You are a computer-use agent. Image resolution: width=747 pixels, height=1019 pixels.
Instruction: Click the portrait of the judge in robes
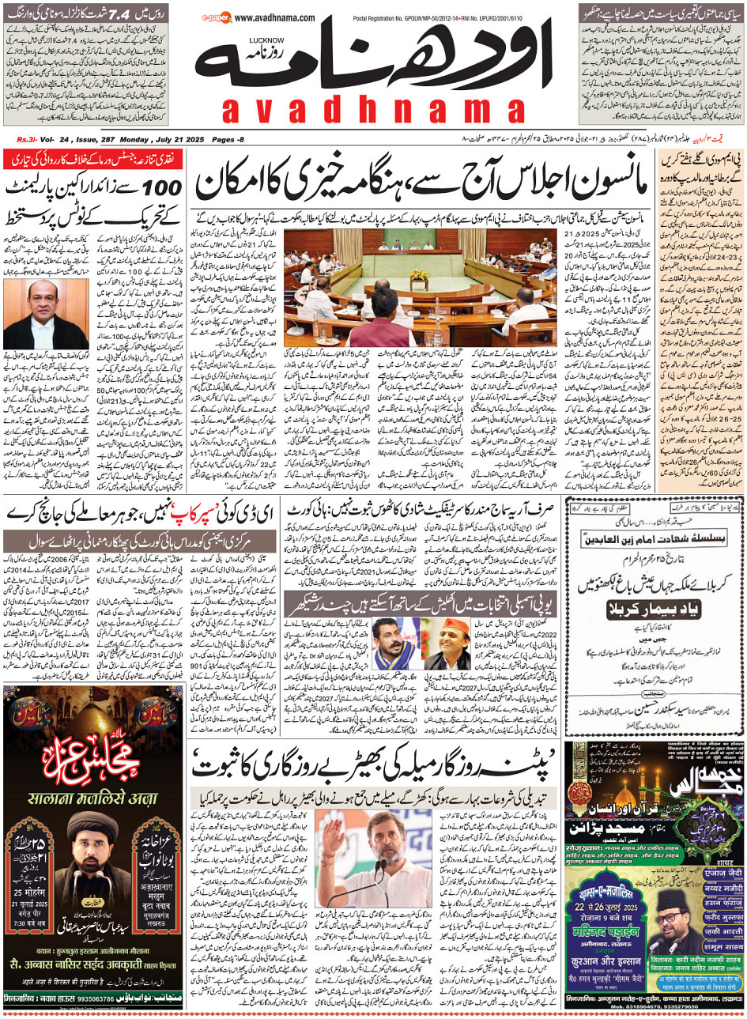point(34,315)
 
